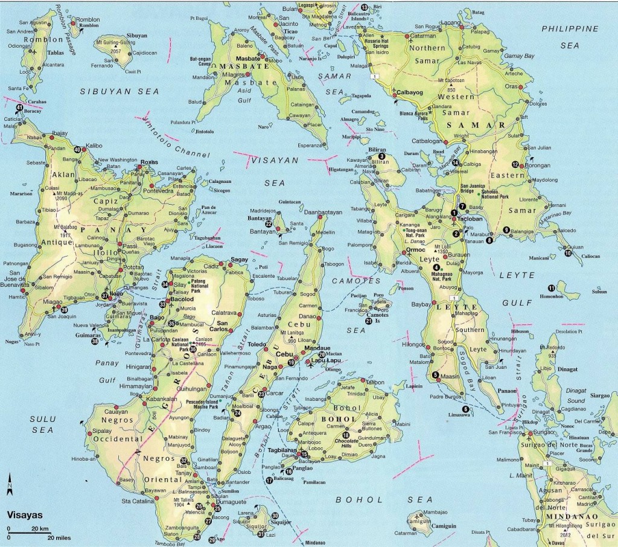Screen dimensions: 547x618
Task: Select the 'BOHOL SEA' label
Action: click(384, 499)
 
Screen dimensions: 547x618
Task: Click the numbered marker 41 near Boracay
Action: click(19, 107)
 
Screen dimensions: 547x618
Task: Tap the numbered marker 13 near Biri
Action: click(365, 7)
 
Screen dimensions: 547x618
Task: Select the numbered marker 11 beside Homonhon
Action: click(551, 287)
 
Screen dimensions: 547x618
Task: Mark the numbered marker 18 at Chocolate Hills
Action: click(345, 436)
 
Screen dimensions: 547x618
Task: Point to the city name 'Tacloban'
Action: click(471, 219)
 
